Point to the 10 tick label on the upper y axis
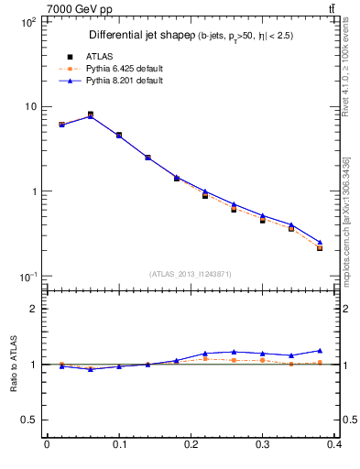coord(29,106)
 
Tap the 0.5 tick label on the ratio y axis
coord(28,420)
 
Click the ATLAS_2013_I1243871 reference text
coord(191,275)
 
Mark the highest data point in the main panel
coord(91,115)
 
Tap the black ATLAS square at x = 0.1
coord(119,135)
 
